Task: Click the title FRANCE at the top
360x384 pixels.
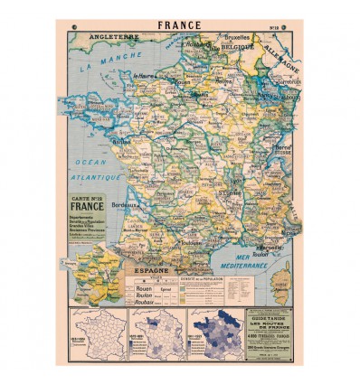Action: (180, 26)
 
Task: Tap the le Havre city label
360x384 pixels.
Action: (144, 77)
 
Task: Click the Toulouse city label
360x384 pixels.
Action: (168, 241)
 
